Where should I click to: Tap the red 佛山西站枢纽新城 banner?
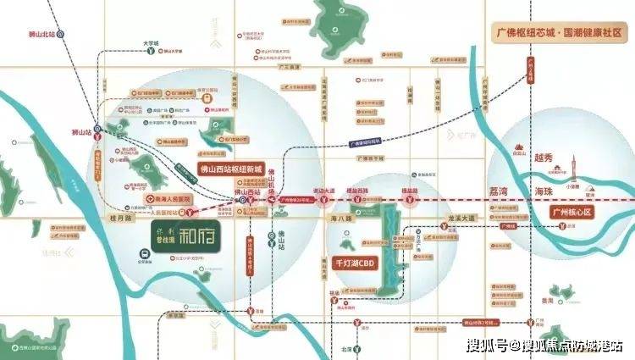[230, 168]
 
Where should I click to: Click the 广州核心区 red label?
[574, 213]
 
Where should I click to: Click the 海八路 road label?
[339, 218]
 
